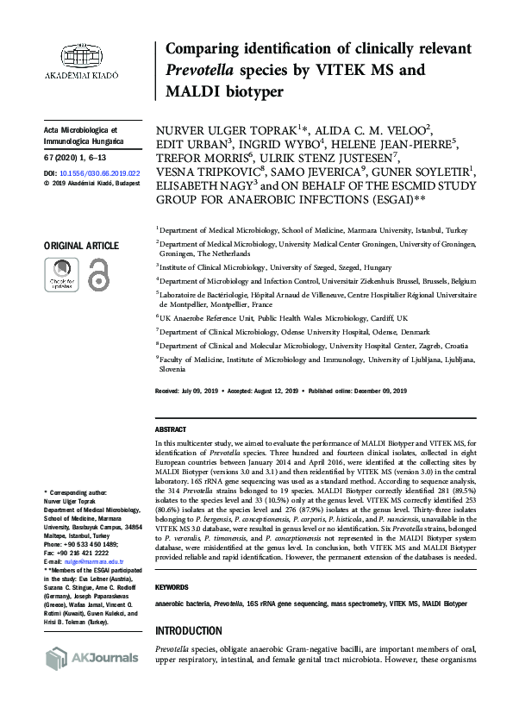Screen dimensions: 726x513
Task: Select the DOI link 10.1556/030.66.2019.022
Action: [96, 172]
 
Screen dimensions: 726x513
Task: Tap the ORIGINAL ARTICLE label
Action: [81, 247]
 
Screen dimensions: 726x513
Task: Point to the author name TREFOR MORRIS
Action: [203, 160]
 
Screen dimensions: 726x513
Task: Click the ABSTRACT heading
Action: [171, 429]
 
